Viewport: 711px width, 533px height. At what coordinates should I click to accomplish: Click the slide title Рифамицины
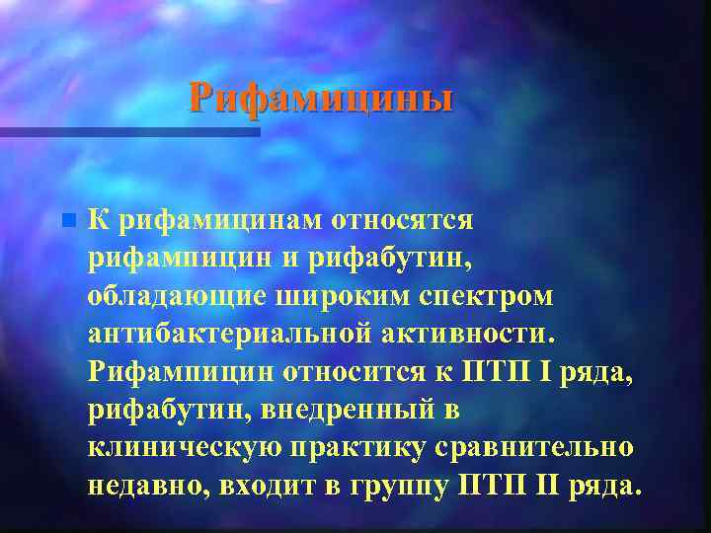click(x=322, y=99)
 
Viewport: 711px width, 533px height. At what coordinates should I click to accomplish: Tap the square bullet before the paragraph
click(x=66, y=220)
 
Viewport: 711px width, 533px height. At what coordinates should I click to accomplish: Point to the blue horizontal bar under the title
click(x=128, y=132)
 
